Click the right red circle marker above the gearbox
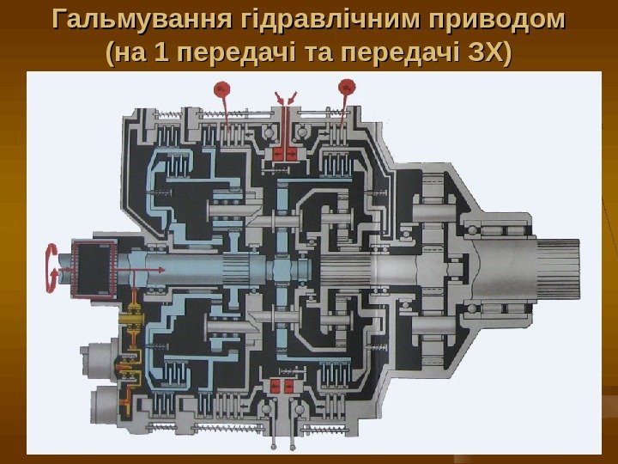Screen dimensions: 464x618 coord(348,85)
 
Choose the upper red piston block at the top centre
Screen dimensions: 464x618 coord(284,153)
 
